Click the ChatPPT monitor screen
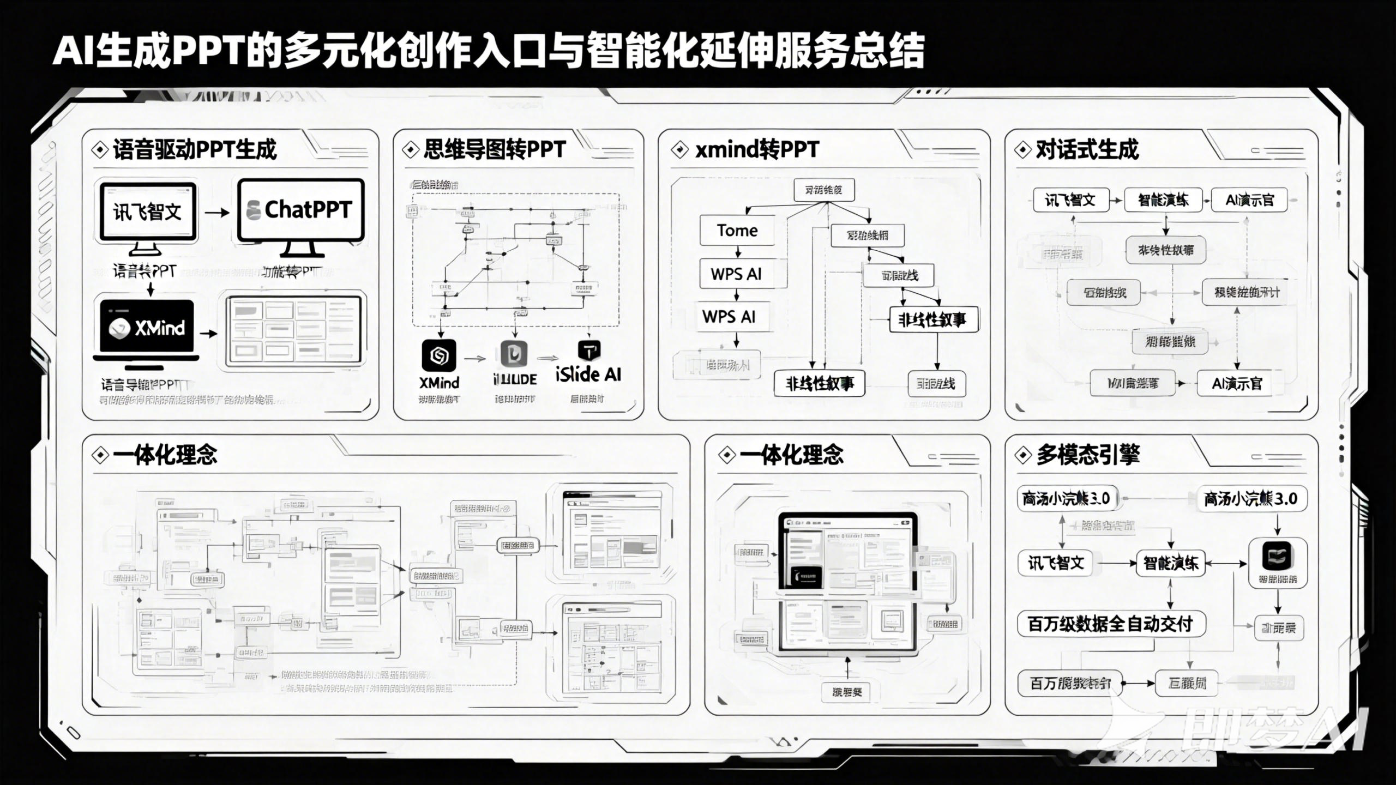300,210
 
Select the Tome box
737,231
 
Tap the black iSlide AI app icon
589,351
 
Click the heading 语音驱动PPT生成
195,149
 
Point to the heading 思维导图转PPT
494,149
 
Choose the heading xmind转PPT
757,149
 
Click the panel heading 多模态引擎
1088,455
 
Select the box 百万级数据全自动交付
1111,624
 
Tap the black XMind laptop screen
147,327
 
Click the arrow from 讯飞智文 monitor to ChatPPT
217,212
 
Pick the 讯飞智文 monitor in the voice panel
147,212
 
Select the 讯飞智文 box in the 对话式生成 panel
1070,200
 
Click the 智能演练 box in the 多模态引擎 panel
1170,563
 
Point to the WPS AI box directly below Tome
736,274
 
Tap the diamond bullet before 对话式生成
1022,149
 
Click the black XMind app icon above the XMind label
439,355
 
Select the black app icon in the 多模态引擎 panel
1278,557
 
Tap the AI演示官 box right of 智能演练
1249,200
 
